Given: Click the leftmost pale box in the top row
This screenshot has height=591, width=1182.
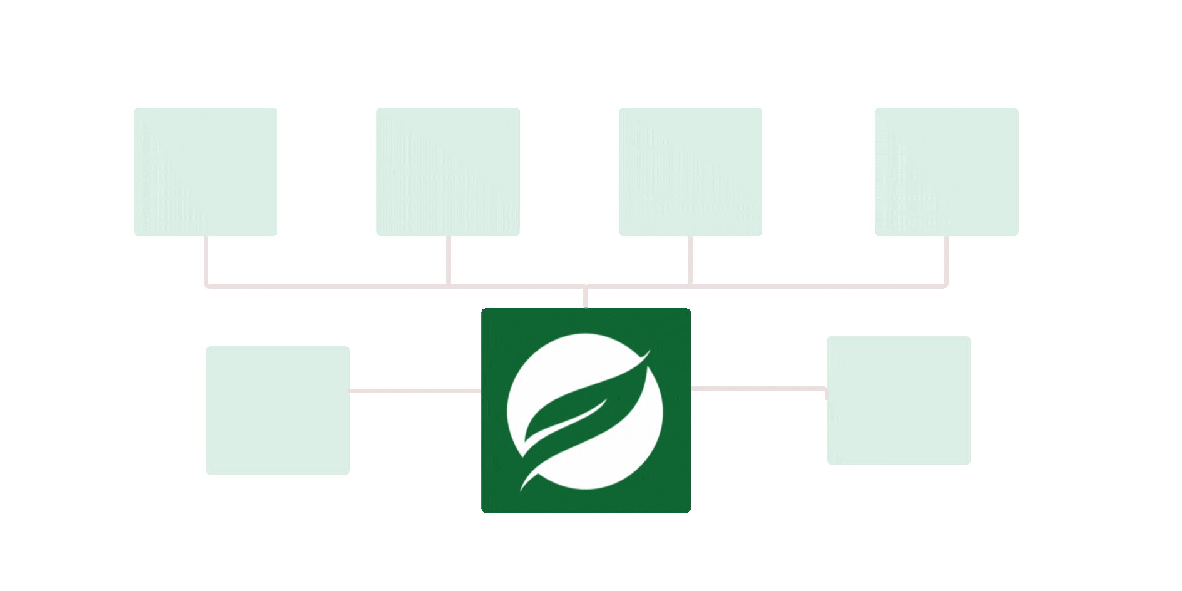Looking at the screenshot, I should [205, 172].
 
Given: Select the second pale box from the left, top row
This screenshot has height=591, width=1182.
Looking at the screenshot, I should [447, 172].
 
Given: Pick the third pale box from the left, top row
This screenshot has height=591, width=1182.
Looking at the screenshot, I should [690, 172].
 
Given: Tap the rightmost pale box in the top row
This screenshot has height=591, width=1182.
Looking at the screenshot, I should [946, 172].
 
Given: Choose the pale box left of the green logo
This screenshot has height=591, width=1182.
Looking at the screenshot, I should [278, 410].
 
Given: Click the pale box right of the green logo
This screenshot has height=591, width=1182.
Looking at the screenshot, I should [899, 400].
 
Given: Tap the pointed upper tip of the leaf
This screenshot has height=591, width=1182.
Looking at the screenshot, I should [648, 352].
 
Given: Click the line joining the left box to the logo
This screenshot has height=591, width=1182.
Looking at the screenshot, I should [415, 391].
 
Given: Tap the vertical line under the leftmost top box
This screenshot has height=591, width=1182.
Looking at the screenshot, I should [205, 260].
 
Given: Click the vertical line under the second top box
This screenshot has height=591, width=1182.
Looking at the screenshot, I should [448, 260].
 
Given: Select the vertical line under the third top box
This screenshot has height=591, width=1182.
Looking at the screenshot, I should [690, 260].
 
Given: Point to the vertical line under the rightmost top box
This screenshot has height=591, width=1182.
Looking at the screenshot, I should [946, 260].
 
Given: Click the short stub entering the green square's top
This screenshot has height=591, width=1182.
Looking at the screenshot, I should [586, 298].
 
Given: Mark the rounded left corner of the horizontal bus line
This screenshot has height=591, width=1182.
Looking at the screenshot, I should [207, 285].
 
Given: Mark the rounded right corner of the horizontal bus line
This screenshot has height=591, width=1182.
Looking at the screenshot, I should [945, 285].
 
